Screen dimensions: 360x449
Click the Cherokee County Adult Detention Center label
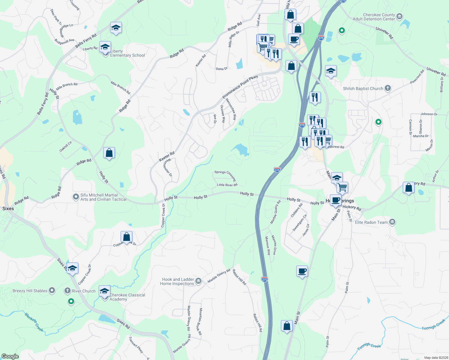pyautogui.click(x=374, y=17)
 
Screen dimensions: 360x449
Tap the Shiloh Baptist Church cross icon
pyautogui.click(x=388, y=88)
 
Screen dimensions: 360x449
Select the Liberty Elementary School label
pyautogui.click(x=127, y=53)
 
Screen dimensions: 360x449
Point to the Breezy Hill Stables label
pyautogui.click(x=30, y=291)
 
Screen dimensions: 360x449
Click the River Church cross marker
pyautogui.click(x=68, y=290)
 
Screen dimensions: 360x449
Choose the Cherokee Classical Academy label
pyautogui.click(x=127, y=297)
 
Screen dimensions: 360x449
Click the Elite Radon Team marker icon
pyautogui.click(x=392, y=222)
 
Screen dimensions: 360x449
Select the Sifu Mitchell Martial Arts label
pyautogui.click(x=103, y=197)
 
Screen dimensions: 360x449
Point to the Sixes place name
pyautogui.click(x=8, y=208)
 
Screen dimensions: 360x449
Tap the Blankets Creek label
pyautogui.click(x=34, y=322)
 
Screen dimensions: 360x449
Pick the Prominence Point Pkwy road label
pyautogui.click(x=240, y=87)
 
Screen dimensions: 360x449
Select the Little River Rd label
pyautogui.click(x=227, y=185)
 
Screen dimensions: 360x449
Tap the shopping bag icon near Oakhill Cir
pyautogui.click(x=109, y=153)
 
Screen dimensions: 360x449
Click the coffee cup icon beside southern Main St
pyautogui.click(x=302, y=271)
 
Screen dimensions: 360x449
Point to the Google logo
pyautogui.click(x=10, y=356)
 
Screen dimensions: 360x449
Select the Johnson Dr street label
pyautogui.click(x=429, y=114)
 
